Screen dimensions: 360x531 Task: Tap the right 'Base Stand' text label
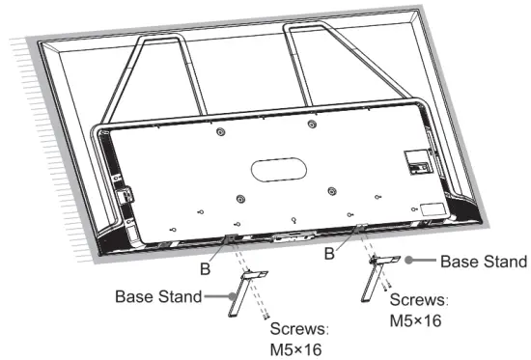coord(482,262)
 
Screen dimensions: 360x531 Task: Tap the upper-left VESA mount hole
coord(221,131)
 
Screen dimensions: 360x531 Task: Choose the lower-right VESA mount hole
coord(330,190)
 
